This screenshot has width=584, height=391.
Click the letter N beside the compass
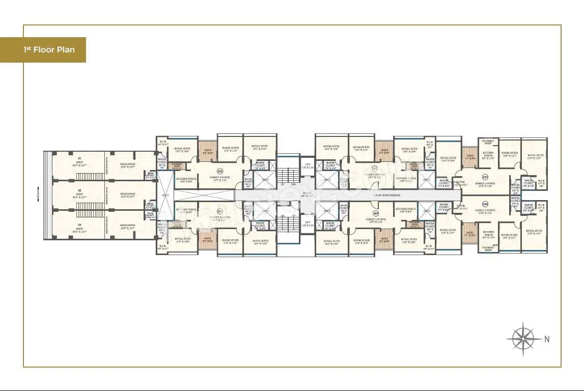tap(547, 339)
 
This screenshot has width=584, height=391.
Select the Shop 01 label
tap(79, 165)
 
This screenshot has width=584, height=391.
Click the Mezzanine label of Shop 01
tap(128, 165)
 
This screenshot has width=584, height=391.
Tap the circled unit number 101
tap(220, 171)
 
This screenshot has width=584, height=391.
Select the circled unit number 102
tap(375, 169)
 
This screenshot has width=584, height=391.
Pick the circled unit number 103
tap(485, 177)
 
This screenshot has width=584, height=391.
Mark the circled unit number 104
tap(485, 204)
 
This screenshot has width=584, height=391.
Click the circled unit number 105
tap(376, 213)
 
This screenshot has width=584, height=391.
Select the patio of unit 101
tap(207, 151)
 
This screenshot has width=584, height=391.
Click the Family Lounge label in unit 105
tap(376, 220)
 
